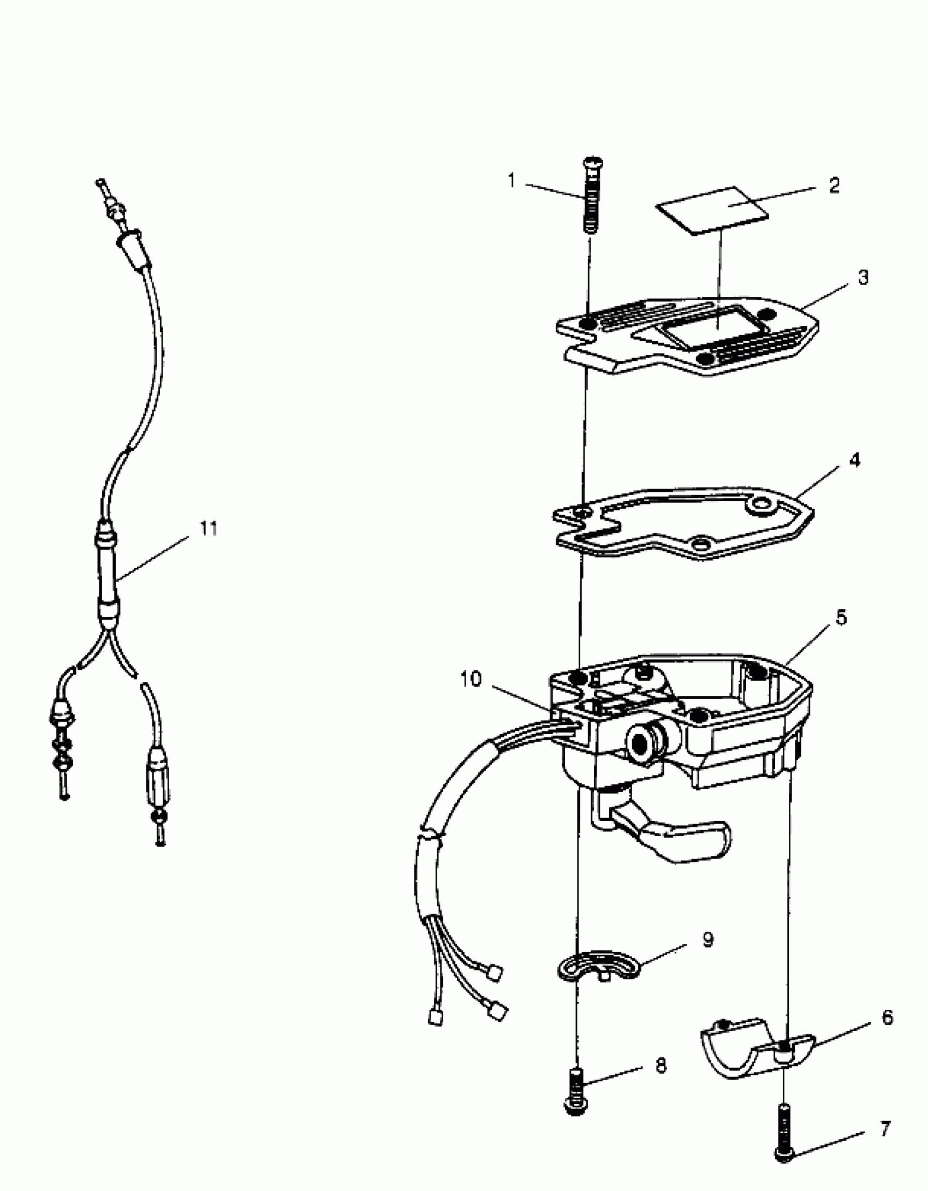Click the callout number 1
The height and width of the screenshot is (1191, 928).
click(511, 180)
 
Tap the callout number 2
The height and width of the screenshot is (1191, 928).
click(834, 186)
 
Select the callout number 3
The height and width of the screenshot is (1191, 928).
click(862, 277)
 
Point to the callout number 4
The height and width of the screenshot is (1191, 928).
click(855, 460)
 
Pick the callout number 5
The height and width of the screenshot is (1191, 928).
click(841, 618)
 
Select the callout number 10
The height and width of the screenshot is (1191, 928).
click(471, 680)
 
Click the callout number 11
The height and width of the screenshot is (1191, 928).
click(208, 528)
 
